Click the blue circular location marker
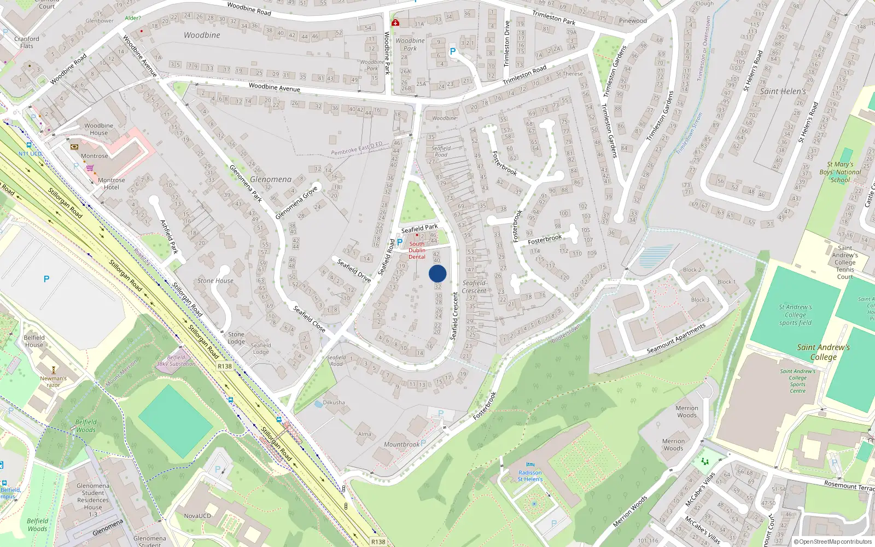[437, 273]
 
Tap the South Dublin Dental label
[417, 251]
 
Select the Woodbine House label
[98, 129]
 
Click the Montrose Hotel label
[112, 183]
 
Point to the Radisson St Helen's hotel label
[530, 476]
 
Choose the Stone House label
[215, 281]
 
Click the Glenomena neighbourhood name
[271, 179]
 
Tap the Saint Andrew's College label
[823, 352]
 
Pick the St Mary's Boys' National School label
[840, 172]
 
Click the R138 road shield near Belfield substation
[225, 366]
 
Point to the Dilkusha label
[334, 403]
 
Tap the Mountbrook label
[401, 445]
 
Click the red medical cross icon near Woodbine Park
[395, 22]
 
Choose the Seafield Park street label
[419, 228]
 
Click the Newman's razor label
[53, 381]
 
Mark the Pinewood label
[633, 21]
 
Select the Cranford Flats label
[27, 42]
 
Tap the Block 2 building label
[692, 270]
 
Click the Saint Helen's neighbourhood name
[783, 91]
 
